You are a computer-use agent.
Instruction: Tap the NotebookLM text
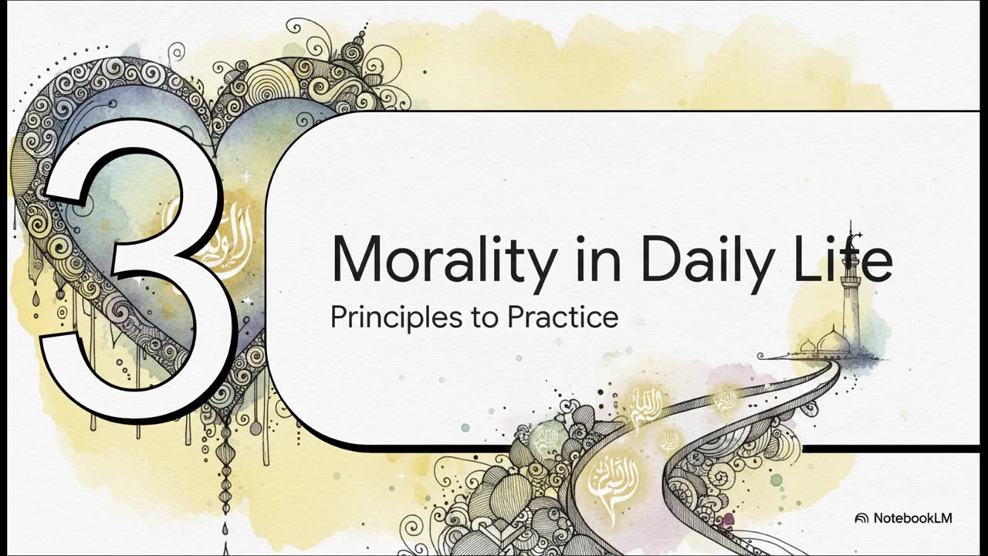912,518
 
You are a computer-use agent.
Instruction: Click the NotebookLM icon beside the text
862,518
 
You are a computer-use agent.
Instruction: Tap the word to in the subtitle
485,317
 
